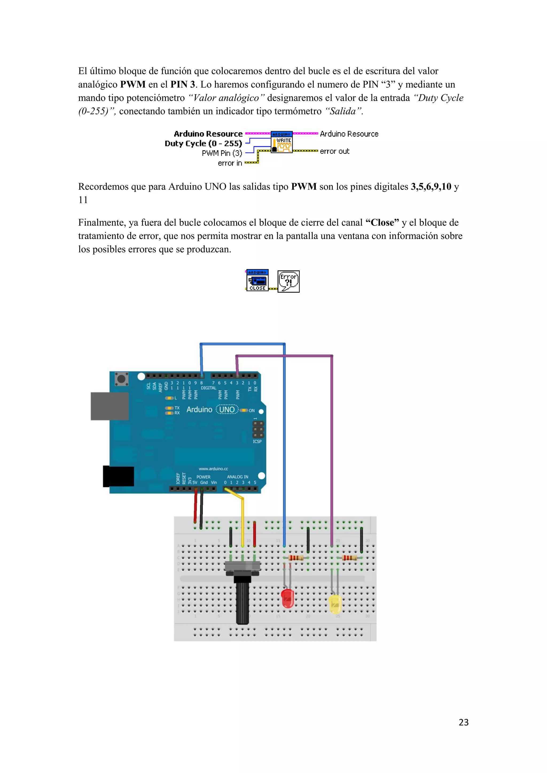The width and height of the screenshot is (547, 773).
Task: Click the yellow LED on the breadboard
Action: pos(335,604)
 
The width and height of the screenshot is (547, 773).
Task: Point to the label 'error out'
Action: pos(334,152)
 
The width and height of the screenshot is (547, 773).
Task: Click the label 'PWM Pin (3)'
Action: pos(222,153)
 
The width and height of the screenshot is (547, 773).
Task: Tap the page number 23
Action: pos(463,722)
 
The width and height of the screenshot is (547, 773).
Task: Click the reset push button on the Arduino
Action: pos(121,379)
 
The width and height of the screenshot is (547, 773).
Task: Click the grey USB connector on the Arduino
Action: pos(110,406)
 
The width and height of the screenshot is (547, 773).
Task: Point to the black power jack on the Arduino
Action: pos(118,476)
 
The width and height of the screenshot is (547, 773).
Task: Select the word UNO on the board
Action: pos(227,409)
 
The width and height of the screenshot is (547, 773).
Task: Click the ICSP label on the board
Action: pos(257,441)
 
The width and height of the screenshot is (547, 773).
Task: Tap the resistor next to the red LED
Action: pos(296,558)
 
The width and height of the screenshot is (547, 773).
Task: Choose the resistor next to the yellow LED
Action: pos(350,558)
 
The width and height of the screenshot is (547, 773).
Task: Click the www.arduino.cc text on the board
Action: pos(213,469)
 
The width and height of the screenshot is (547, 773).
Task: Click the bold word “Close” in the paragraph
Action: pos(382,223)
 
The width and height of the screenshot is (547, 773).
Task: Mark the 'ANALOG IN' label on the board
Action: pos(237,477)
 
